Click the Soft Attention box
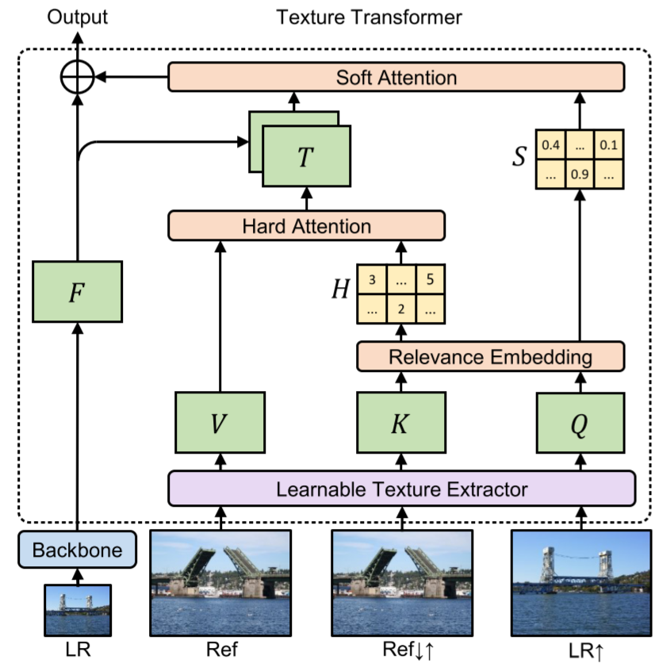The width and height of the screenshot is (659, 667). click(397, 78)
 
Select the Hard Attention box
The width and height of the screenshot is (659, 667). click(306, 226)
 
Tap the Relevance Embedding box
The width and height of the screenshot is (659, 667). click(490, 357)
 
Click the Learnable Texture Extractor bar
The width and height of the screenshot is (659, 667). click(401, 488)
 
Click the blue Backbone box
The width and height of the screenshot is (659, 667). click(77, 550)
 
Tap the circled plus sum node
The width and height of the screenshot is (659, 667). click(78, 78)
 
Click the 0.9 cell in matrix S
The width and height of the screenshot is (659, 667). click(580, 174)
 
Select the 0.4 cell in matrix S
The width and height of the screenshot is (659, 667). click(550, 145)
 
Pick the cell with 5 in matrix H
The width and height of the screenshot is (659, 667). click(431, 280)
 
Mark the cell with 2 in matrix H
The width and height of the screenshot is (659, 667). click(400, 309)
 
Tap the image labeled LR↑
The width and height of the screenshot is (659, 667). click(580, 582)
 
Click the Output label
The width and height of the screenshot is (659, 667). click(78, 17)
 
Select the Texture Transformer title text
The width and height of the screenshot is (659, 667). click(369, 17)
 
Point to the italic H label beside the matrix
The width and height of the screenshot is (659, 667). click(341, 290)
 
